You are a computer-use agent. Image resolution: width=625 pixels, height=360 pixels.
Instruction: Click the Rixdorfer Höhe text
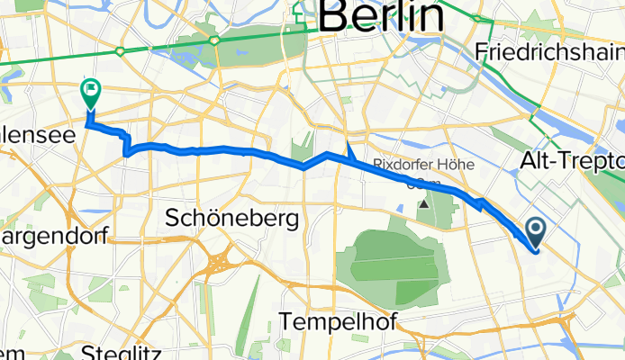(414, 165)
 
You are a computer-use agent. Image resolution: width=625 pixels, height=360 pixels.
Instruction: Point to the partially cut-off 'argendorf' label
(54, 236)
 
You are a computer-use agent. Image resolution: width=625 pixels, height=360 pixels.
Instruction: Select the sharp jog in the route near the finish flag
(127, 144)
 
